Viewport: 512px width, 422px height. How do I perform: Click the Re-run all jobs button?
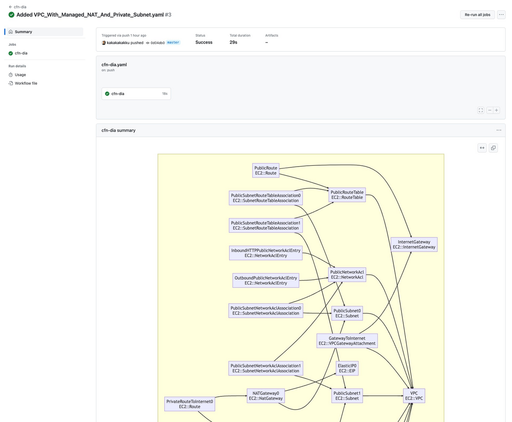pos(477,15)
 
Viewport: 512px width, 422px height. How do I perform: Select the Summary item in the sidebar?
pos(23,32)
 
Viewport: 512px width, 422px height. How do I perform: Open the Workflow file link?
pos(26,83)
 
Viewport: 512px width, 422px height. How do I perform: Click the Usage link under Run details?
pos(20,75)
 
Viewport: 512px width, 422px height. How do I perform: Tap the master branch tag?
pos(173,43)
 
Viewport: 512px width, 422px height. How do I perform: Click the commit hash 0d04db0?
pos(157,43)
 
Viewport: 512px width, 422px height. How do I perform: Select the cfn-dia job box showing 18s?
pos(136,94)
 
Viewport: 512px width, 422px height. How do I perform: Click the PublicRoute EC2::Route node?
pos(266,170)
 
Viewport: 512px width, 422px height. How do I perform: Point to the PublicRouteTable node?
pos(347,195)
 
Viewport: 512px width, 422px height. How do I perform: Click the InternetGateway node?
pos(414,244)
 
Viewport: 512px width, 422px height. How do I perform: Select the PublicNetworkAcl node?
pos(347,275)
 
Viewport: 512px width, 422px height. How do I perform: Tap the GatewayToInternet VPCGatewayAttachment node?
pos(347,341)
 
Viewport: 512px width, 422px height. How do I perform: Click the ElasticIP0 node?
pos(347,369)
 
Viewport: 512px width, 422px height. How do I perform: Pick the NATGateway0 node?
pos(266,396)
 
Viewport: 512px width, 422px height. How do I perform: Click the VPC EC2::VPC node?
pos(414,396)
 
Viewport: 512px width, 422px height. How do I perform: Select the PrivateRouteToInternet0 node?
pos(189,404)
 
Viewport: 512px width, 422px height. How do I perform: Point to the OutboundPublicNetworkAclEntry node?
pos(266,280)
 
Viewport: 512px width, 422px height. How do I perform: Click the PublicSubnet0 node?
pos(347,314)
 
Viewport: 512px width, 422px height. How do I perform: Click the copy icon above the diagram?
pos(493,148)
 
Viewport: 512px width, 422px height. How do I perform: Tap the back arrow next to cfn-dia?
pos(10,7)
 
